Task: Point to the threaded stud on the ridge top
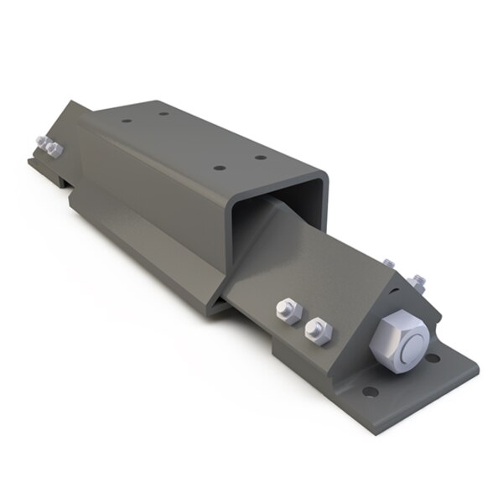(387, 265)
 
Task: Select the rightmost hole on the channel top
(261, 157)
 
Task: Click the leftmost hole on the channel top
(126, 121)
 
